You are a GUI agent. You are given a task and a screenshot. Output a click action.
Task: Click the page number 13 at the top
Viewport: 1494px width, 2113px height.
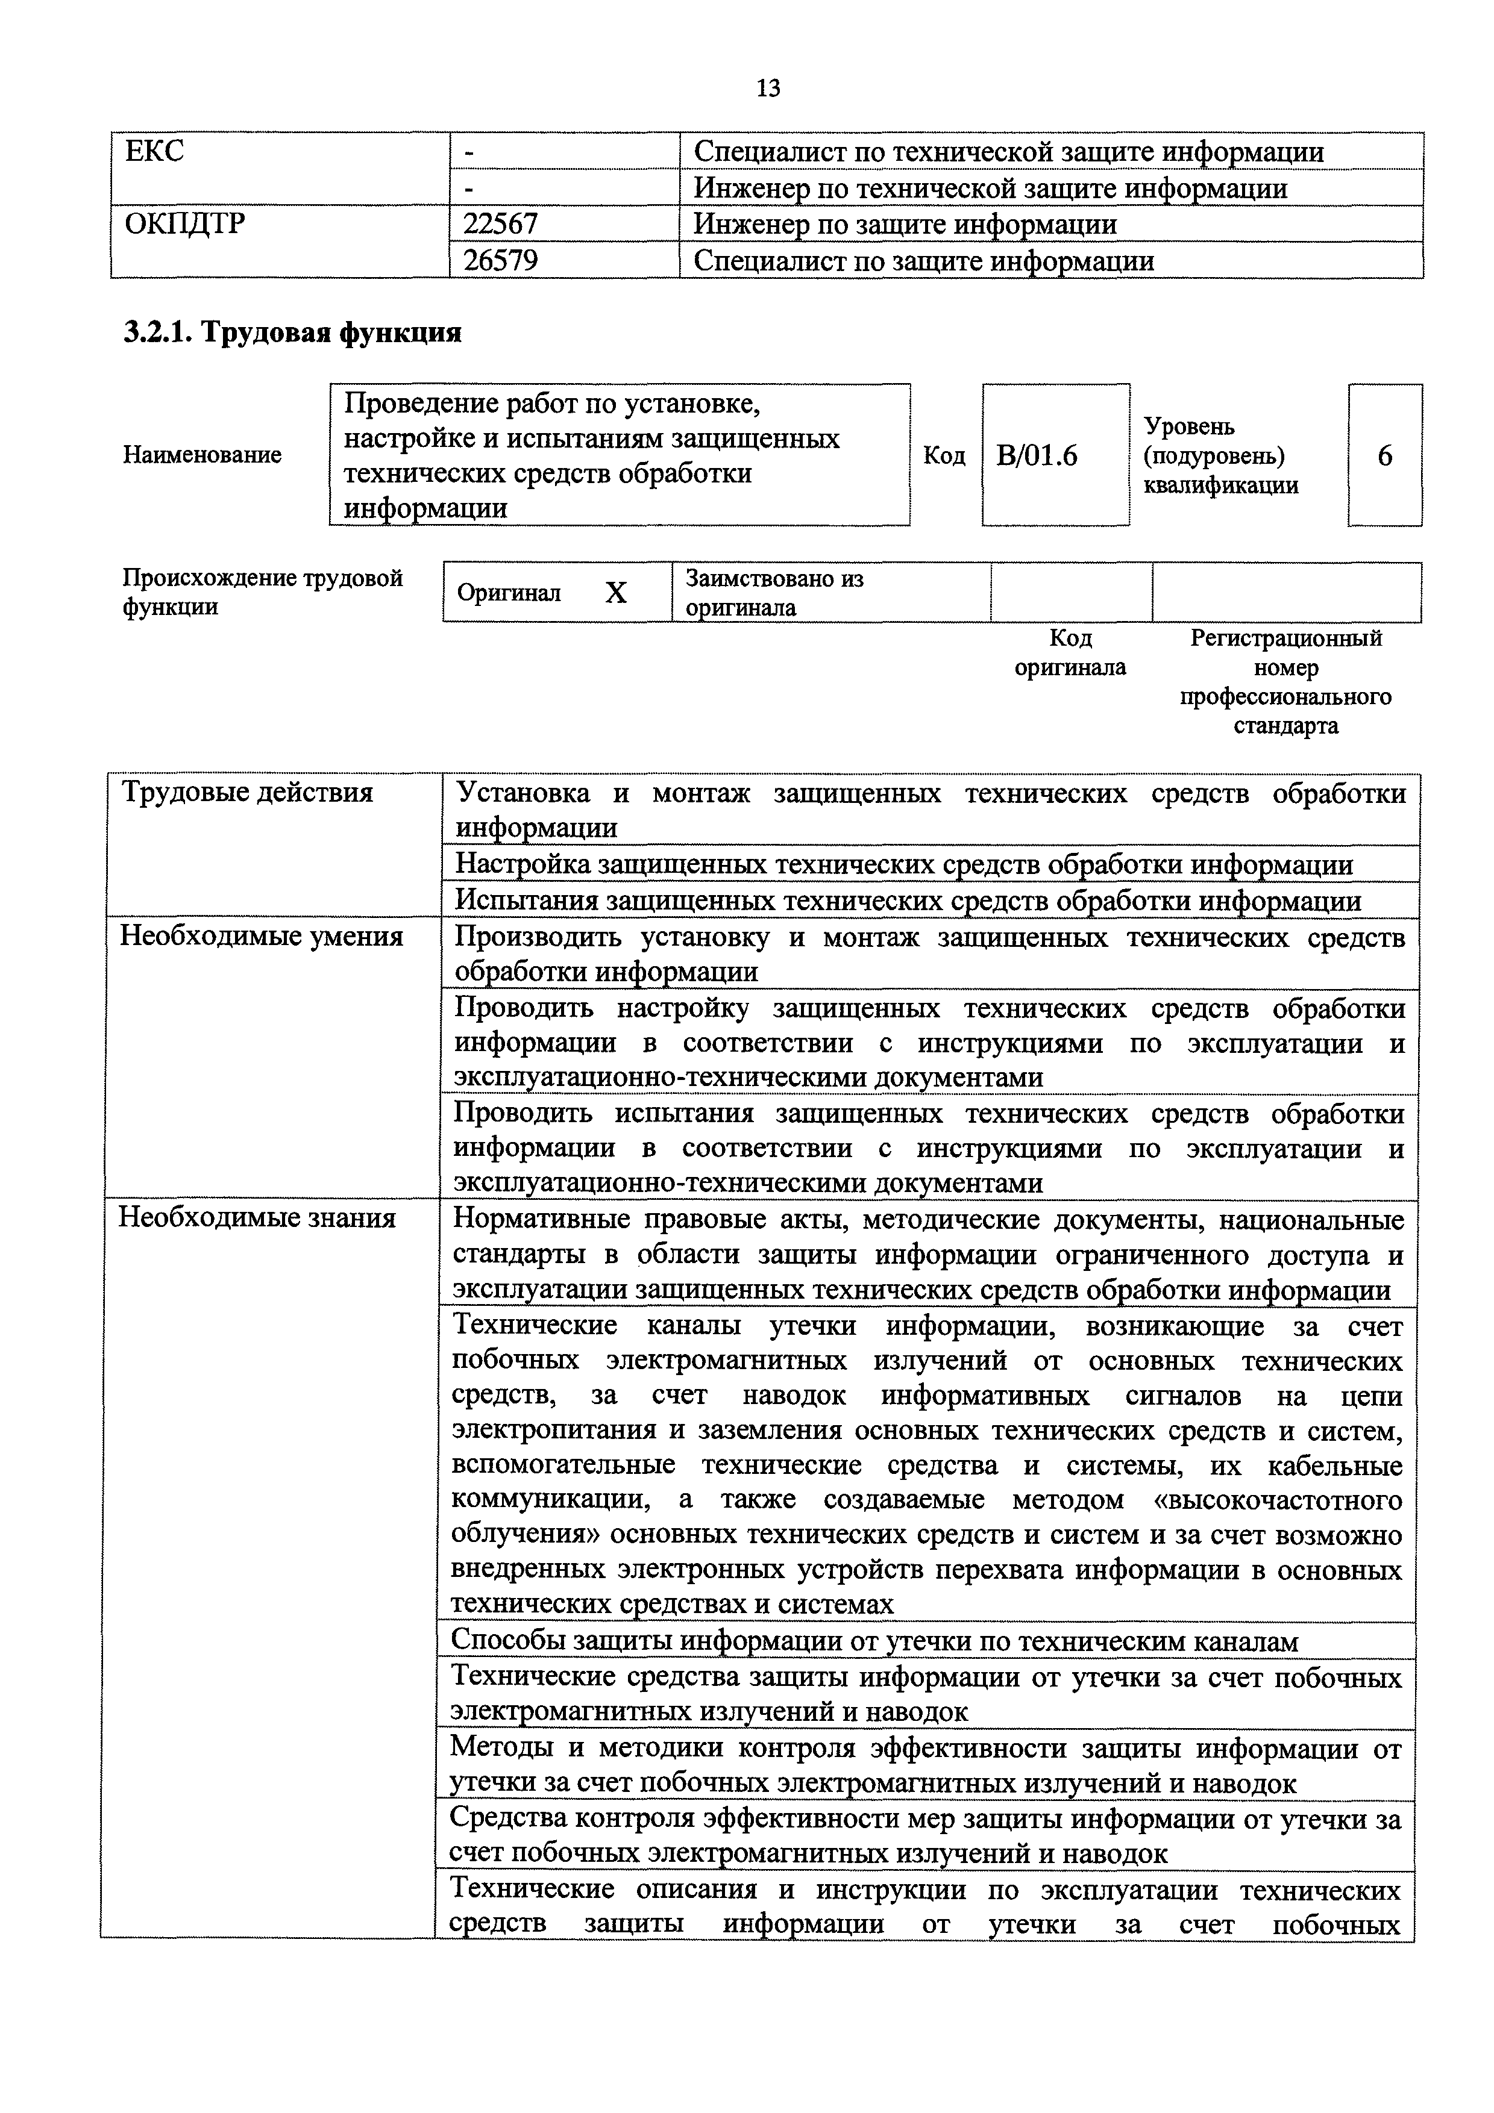point(768,89)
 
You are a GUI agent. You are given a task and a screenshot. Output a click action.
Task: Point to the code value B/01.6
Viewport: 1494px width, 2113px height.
point(1037,455)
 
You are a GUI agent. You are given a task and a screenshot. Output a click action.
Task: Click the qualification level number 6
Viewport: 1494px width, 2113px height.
point(1384,455)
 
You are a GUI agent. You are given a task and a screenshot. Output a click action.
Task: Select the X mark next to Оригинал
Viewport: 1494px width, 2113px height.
point(616,593)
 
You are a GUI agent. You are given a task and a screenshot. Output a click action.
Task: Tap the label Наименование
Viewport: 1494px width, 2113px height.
point(202,455)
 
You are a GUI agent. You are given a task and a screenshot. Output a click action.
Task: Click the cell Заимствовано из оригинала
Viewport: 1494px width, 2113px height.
point(774,593)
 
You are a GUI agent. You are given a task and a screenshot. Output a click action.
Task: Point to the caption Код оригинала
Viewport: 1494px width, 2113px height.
point(1070,652)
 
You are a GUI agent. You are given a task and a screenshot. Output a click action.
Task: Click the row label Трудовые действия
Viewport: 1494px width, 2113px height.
point(248,793)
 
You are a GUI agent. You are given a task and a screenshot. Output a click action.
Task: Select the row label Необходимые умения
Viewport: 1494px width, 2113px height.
point(262,936)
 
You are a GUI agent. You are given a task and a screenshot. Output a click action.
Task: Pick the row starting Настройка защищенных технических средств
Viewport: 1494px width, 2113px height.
point(904,864)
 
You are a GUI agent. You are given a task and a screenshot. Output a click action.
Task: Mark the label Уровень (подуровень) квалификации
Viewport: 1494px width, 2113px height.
point(1220,455)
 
